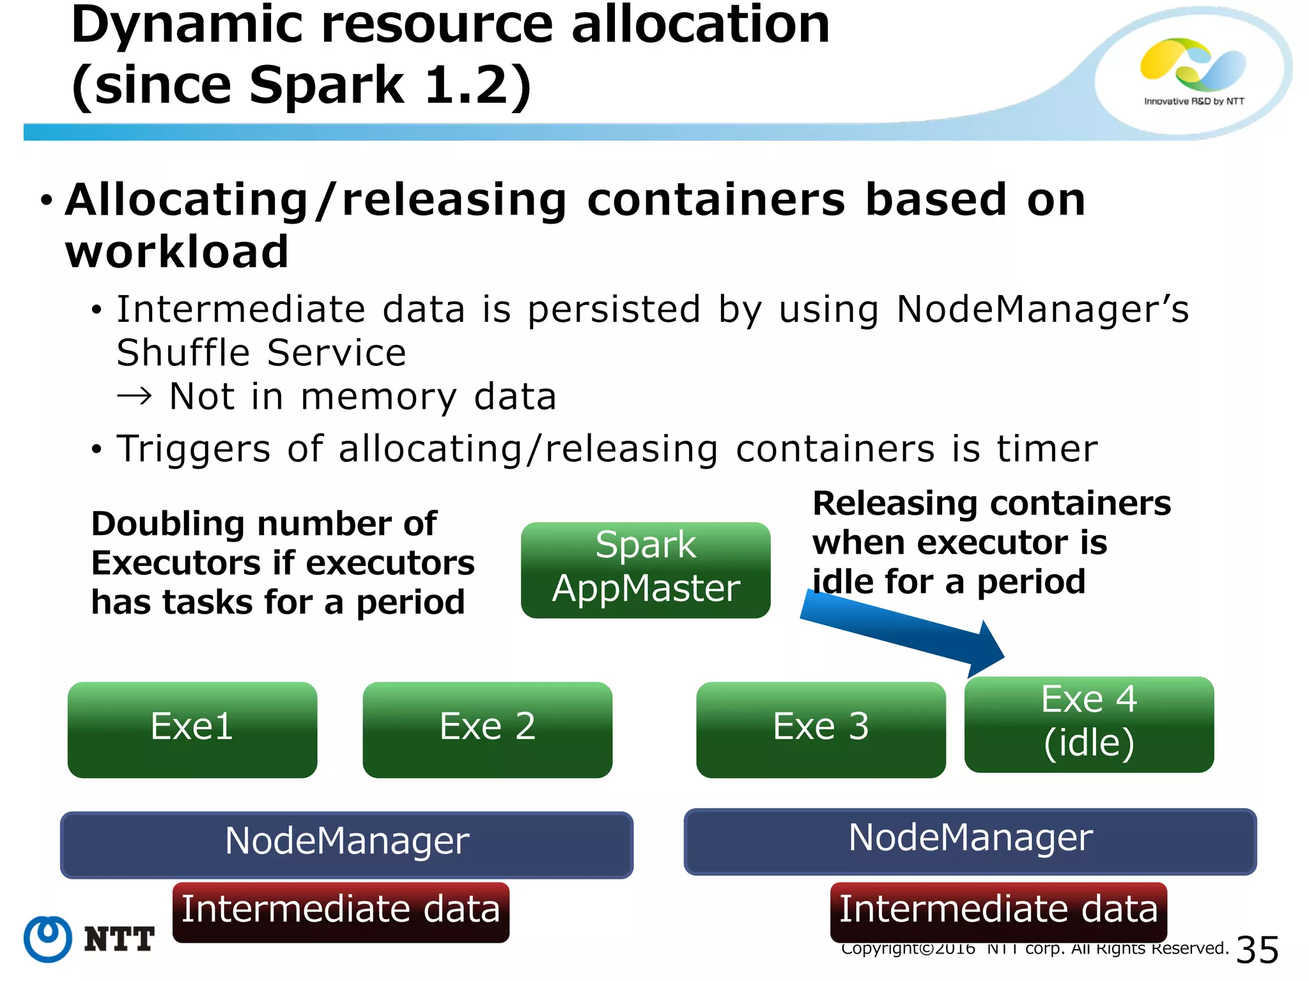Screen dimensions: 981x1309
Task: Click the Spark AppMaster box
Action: tap(646, 570)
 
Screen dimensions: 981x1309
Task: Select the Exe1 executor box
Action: tap(192, 729)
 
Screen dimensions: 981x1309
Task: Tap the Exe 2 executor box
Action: tap(487, 729)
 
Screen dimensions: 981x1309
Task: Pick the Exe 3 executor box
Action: tap(821, 729)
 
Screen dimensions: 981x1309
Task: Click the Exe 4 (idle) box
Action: tap(1088, 724)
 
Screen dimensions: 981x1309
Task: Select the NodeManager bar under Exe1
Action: tap(346, 844)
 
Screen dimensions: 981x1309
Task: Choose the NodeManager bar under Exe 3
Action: tap(970, 841)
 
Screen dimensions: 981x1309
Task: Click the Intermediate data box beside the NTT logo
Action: tap(341, 911)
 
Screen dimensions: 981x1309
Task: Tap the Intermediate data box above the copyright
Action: tap(998, 911)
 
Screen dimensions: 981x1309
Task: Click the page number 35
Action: tap(1257, 950)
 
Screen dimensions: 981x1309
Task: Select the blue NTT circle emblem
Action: tap(48, 939)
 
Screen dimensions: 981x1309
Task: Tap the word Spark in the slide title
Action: tap(327, 85)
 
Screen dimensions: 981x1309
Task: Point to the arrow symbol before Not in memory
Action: tap(135, 397)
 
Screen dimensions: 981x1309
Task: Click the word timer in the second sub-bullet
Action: tap(1047, 448)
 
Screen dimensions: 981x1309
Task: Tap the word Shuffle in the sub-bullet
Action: tap(183, 353)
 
